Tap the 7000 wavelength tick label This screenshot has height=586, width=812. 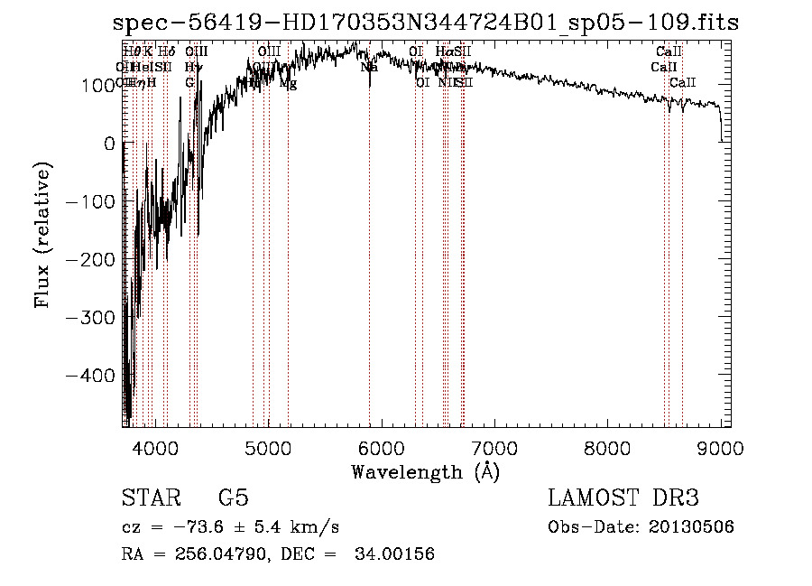(x=494, y=447)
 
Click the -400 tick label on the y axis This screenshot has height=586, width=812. (x=90, y=375)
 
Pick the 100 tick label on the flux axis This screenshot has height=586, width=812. (x=97, y=86)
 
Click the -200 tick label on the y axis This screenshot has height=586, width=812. (x=90, y=259)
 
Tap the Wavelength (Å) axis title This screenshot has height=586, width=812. (x=425, y=471)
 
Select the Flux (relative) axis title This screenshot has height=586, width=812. (x=43, y=234)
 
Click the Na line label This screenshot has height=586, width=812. (x=369, y=67)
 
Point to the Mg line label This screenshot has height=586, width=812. (x=288, y=83)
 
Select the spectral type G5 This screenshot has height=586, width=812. (x=233, y=498)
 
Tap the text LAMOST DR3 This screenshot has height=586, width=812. (x=623, y=498)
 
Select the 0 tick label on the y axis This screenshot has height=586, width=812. (x=109, y=144)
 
